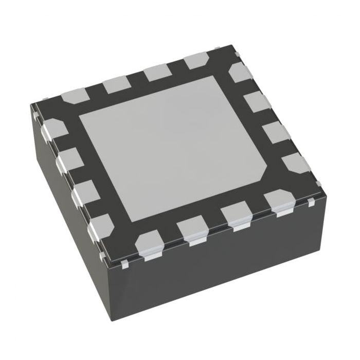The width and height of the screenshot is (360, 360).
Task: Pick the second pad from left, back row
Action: [x=117, y=84]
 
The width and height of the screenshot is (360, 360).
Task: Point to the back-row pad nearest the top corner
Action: [x=196, y=60]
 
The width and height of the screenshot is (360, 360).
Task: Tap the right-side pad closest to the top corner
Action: [x=240, y=73]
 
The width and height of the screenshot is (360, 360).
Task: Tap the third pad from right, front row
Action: [x=191, y=229]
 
